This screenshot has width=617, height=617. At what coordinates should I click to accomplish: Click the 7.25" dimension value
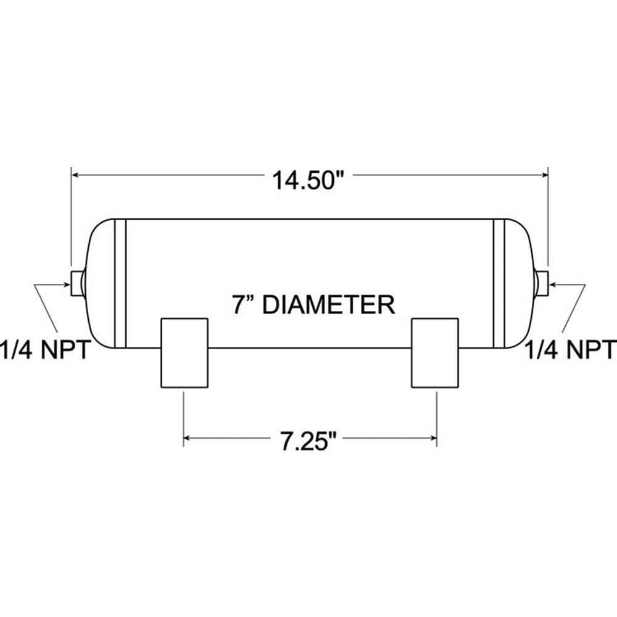coord(307,443)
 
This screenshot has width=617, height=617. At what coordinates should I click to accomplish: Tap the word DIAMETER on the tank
coord(328,305)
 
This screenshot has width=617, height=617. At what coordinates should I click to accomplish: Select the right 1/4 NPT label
coord(571,350)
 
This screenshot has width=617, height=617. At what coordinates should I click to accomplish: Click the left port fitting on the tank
coord(77,283)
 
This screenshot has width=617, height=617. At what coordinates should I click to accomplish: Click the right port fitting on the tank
coord(543,283)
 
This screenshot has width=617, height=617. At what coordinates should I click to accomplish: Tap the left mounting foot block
coord(184,353)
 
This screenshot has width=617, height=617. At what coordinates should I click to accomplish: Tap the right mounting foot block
coord(435,353)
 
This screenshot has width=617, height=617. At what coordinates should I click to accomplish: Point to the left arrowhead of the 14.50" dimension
coord(76,176)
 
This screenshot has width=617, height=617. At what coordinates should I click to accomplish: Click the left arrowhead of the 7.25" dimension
coord(188,439)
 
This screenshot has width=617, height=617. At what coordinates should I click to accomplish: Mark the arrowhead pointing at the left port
coord(68,284)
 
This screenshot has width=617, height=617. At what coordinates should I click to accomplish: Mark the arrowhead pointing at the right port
coord(552,284)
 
